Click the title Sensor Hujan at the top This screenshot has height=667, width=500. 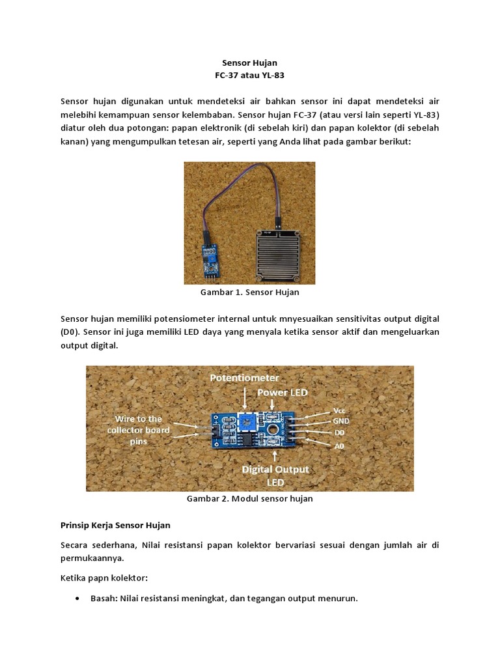coord(249,63)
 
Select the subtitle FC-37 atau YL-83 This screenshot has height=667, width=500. coord(249,76)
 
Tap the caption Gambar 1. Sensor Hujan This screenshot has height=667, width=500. coord(249,292)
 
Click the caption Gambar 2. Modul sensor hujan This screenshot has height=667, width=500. coord(250,498)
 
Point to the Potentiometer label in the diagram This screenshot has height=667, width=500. coord(245,378)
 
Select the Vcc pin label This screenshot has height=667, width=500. coord(340,411)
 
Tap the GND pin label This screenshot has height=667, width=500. coord(341,421)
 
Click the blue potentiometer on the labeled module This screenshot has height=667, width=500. coord(247,423)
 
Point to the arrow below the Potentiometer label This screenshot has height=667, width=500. coord(244,396)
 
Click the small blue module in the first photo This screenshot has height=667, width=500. coord(210,258)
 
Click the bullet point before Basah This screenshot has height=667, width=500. coord(78,598)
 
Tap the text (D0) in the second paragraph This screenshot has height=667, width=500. coord(70,332)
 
